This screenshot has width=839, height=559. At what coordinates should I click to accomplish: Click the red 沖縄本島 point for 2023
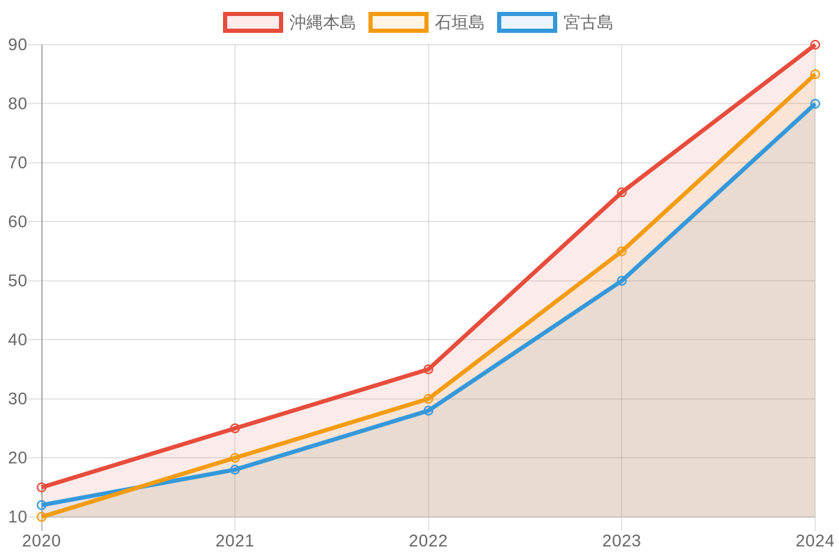pyautogui.click(x=622, y=192)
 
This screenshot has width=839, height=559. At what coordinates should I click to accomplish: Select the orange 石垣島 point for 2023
pyautogui.click(x=622, y=251)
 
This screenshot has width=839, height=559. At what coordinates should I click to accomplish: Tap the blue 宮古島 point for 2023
pyautogui.click(x=622, y=281)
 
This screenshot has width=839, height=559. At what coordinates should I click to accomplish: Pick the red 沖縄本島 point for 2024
pyautogui.click(x=815, y=45)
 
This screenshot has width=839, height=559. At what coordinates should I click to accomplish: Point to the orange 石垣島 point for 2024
pyautogui.click(x=815, y=74)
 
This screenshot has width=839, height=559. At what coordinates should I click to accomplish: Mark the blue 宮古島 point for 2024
pyautogui.click(x=815, y=103)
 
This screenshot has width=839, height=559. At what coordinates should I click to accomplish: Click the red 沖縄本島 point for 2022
pyautogui.click(x=428, y=369)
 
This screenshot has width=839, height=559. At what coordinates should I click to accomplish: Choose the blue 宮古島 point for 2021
pyautogui.click(x=235, y=470)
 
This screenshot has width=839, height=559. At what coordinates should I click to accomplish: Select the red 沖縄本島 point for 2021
pyautogui.click(x=235, y=428)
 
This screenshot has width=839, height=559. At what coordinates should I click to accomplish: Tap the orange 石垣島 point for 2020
pyautogui.click(x=41, y=517)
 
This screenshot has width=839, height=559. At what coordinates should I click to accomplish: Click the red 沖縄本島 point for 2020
pyautogui.click(x=41, y=487)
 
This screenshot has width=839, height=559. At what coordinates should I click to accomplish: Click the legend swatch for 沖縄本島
pyautogui.click(x=253, y=22)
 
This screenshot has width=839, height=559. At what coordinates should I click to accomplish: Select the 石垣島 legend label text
pyautogui.click(x=459, y=22)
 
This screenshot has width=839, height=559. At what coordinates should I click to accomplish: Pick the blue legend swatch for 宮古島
pyautogui.click(x=527, y=22)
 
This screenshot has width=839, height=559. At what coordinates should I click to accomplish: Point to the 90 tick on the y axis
pyautogui.click(x=17, y=45)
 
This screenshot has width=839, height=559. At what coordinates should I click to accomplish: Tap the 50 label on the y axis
pyautogui.click(x=17, y=281)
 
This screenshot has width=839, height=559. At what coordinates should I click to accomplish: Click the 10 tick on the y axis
pyautogui.click(x=17, y=517)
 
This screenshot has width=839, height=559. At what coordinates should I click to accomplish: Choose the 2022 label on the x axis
pyautogui.click(x=428, y=542)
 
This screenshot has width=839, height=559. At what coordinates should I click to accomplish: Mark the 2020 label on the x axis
pyautogui.click(x=41, y=542)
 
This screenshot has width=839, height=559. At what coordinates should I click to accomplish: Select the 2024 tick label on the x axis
pyautogui.click(x=815, y=542)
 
